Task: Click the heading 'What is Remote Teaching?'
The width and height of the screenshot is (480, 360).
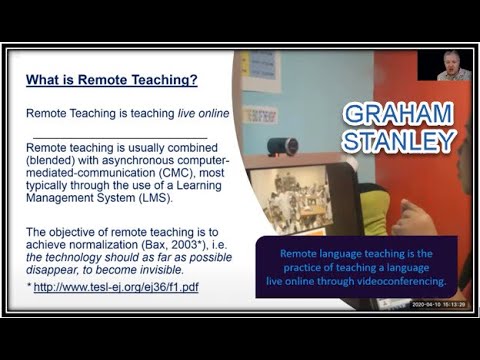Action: pos(111,80)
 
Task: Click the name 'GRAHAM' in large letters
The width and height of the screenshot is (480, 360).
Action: pos(398,112)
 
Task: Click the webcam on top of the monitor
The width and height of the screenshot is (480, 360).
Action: pos(283,146)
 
